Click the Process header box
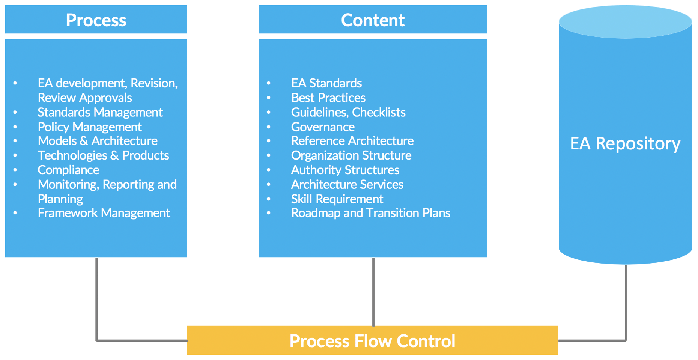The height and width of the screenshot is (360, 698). click(x=96, y=20)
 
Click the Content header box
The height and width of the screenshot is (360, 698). click(x=373, y=20)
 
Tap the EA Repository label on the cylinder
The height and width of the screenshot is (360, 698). click(x=625, y=143)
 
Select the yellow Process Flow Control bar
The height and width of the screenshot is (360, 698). click(x=372, y=340)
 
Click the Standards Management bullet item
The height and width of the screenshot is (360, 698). click(x=100, y=112)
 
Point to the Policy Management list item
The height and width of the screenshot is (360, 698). click(x=89, y=127)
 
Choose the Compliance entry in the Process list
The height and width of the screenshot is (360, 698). click(x=68, y=170)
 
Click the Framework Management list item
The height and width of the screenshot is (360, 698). click(x=104, y=213)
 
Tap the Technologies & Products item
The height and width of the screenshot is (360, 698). click(x=103, y=155)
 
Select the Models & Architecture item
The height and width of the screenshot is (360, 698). click(x=98, y=141)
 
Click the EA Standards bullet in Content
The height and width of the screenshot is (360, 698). click(x=326, y=83)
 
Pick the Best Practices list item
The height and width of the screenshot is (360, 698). click(x=328, y=98)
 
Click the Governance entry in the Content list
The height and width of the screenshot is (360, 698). click(x=323, y=127)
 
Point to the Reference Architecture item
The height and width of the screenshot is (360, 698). click(x=352, y=141)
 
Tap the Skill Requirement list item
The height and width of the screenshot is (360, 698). click(x=337, y=199)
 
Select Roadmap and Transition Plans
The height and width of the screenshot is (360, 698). click(x=370, y=213)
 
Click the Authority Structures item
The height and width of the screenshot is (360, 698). click(x=345, y=170)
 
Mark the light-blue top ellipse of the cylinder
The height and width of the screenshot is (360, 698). click(x=625, y=22)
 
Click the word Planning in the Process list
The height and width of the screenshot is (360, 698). click(x=60, y=199)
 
